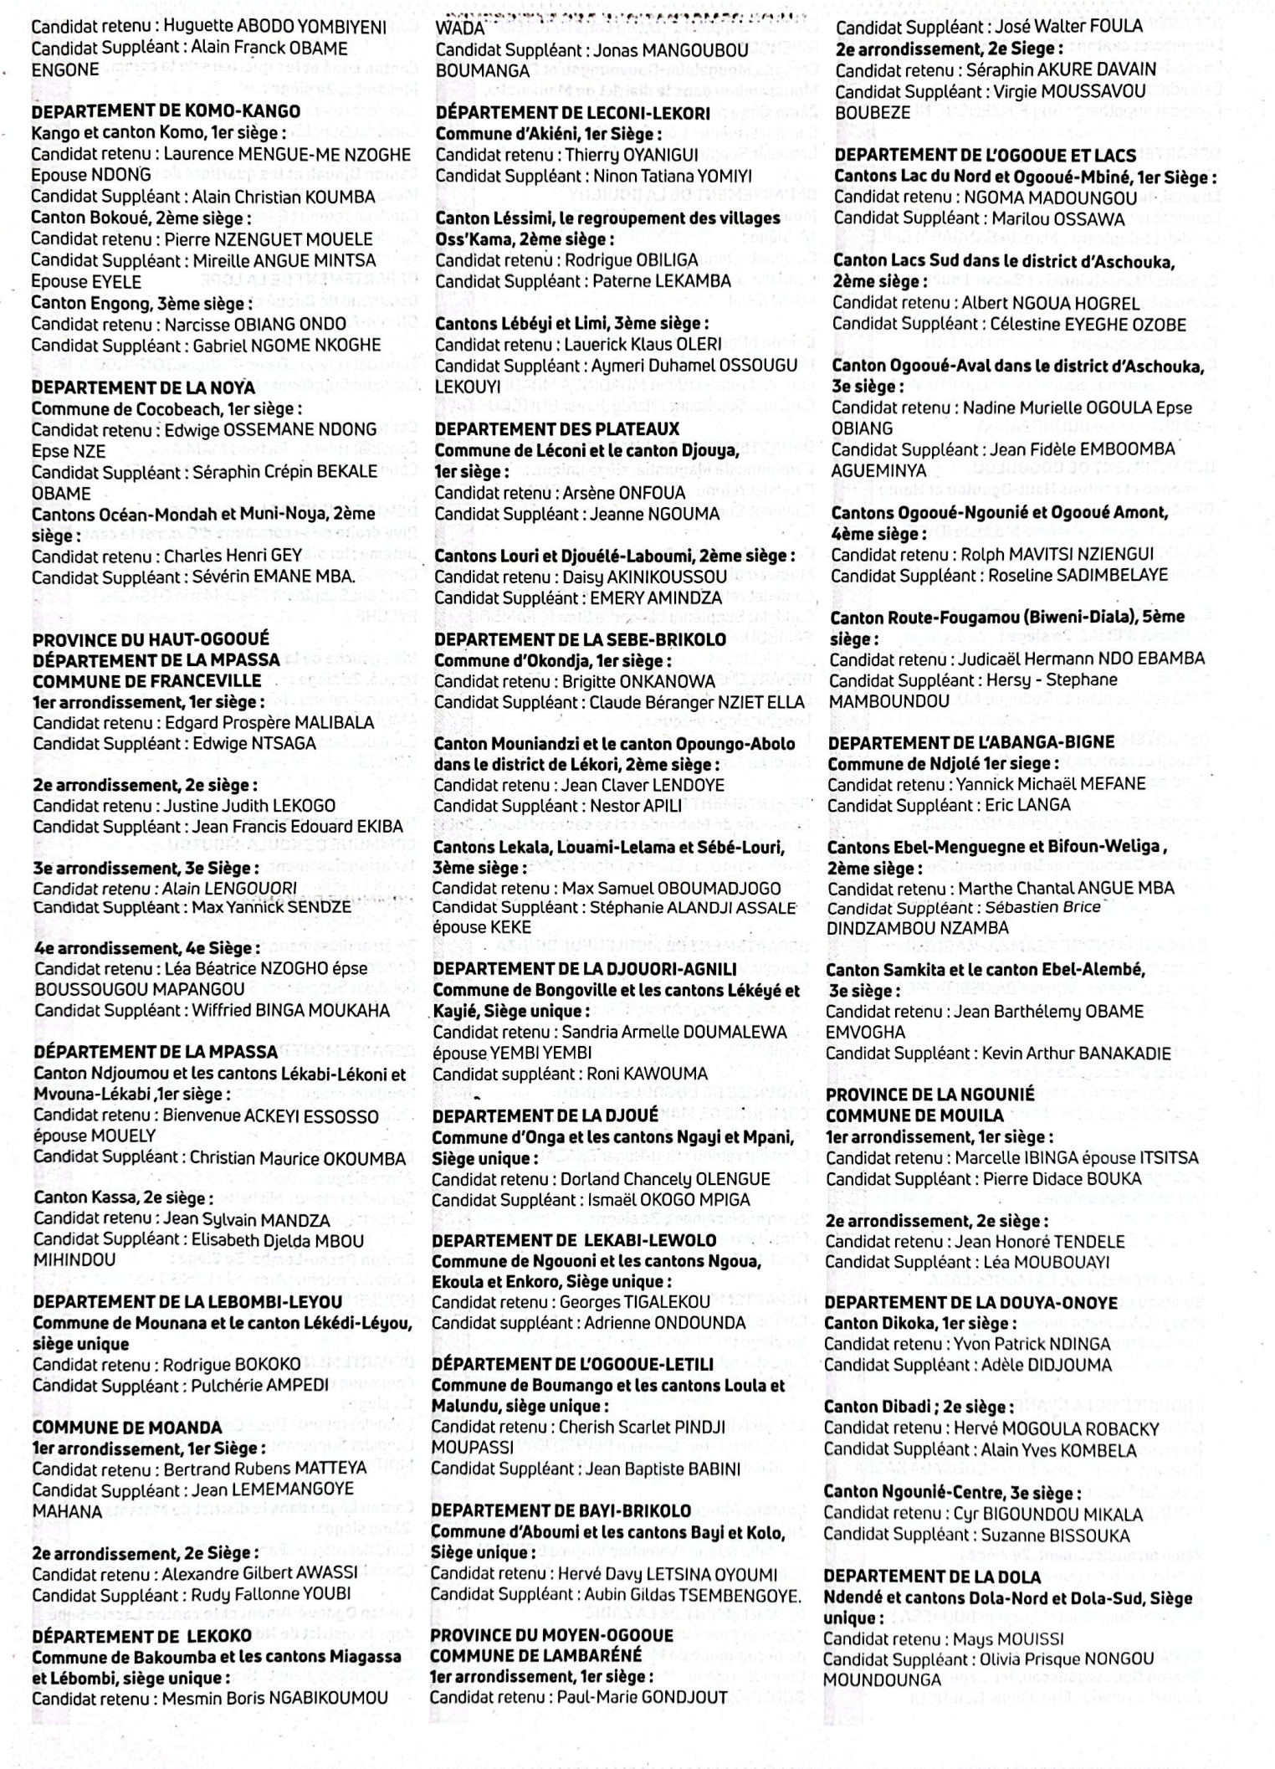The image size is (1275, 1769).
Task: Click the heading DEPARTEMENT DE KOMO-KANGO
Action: click(166, 111)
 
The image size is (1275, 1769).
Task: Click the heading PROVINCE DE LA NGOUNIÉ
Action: click(930, 1095)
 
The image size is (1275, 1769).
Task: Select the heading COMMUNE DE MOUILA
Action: click(914, 1115)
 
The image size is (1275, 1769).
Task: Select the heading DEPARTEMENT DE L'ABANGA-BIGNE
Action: click(970, 742)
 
